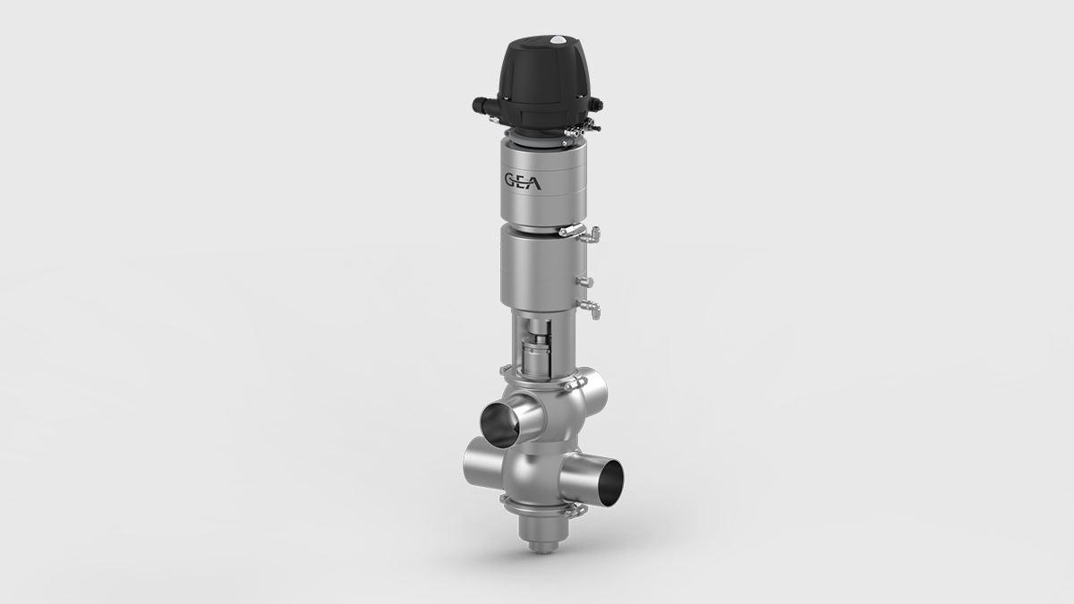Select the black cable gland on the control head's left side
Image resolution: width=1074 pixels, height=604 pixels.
[x=475, y=106]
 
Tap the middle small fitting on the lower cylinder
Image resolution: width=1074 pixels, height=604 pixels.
[x=588, y=283]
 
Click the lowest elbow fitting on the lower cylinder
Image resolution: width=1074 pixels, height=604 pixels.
[x=592, y=310]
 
